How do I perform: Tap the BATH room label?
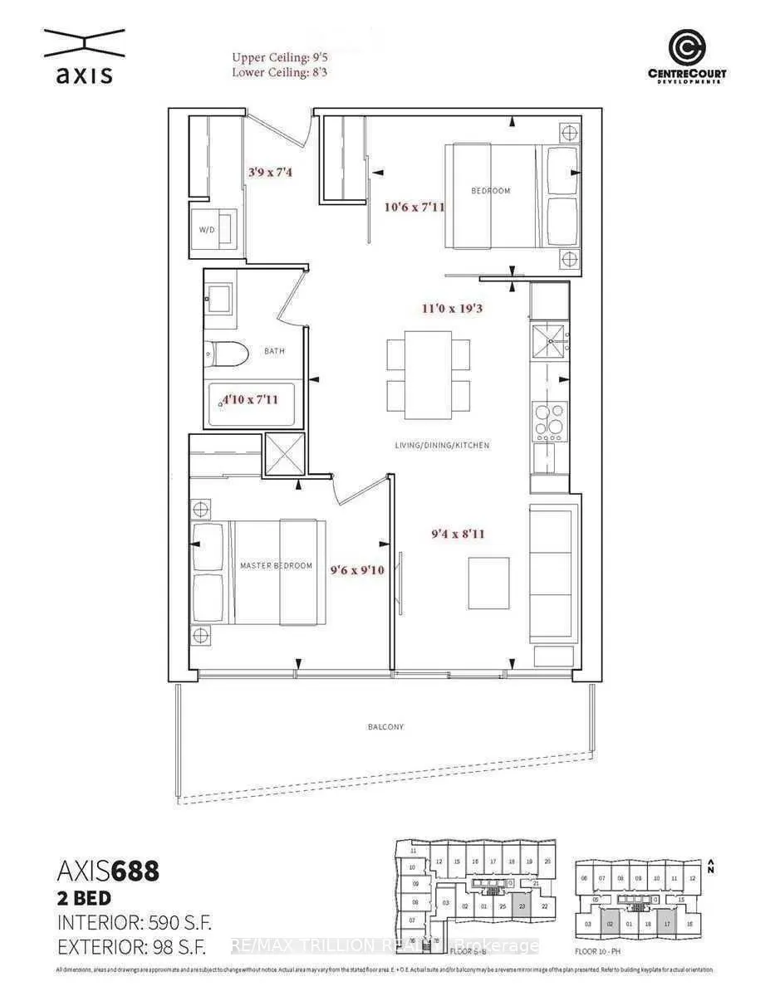pos(274,351)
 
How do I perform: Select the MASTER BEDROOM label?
pos(276,565)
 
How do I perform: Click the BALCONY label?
pos(386,726)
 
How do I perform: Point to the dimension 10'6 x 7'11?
pos(412,207)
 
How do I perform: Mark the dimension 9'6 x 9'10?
pos(356,569)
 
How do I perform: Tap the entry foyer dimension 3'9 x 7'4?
pos(271,173)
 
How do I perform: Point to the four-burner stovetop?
pos(549,420)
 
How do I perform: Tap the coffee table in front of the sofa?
pos(488,583)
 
